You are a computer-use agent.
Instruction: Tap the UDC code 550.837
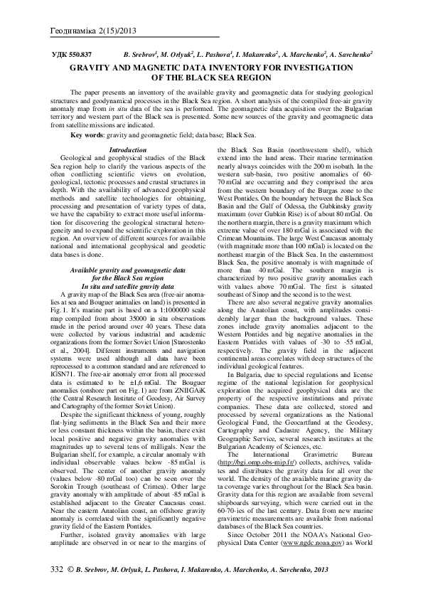[73, 55]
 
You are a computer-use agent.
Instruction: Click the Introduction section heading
[129, 149]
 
